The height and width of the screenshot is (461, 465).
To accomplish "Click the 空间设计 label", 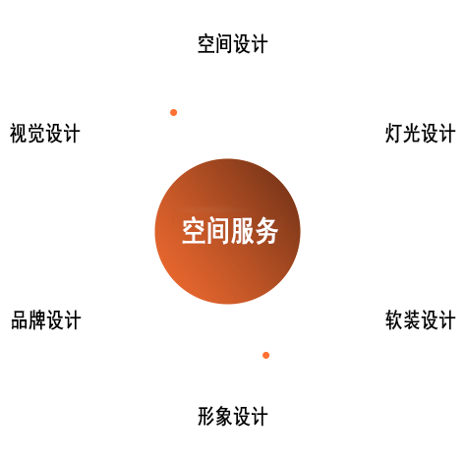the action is pos(233,43).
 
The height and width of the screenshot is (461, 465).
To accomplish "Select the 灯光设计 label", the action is pos(420,133).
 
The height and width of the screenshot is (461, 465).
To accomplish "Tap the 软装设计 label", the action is pos(420,319).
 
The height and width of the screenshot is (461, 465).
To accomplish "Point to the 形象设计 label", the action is pos(233,416).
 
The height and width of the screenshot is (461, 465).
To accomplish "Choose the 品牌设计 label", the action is pos(46,319).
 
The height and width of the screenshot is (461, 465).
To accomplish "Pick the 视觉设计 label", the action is pos(45,133).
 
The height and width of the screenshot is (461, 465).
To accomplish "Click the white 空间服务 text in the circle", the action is pos(230,231).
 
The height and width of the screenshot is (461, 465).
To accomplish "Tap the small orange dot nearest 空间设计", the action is pos(174,113).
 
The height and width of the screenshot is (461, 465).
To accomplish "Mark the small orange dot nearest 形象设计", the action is pos(266,355).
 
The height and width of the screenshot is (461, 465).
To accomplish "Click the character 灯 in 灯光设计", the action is pos(394,133).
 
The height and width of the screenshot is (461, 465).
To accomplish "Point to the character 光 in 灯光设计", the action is pos(412,133).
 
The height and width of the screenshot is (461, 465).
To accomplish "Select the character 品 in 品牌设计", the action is pos(20,319).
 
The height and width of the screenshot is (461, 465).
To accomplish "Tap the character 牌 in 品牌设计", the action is pos(37,319).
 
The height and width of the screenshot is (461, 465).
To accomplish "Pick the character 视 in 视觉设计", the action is pos(19,133).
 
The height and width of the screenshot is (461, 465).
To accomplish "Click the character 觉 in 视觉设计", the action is pos(36,133).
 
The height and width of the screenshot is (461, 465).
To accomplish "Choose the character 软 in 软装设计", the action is pos(394,319).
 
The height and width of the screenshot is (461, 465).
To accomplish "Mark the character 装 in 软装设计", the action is pos(412,319).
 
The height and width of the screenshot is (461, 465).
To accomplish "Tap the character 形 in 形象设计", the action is pos(206,416).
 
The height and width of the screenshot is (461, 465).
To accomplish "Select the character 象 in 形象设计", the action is pos(224,416).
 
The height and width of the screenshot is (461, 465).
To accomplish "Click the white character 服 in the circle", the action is pos(242,231).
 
